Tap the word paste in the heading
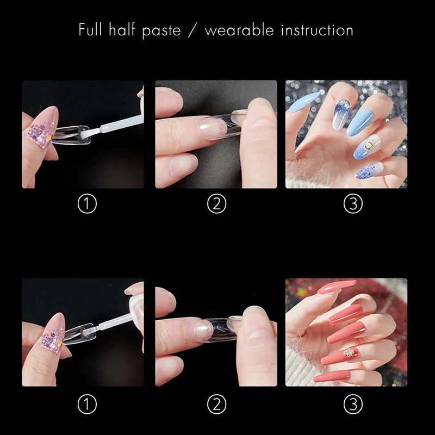(161, 30)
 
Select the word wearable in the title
(240, 29)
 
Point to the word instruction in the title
(317, 29)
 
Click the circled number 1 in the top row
(87, 204)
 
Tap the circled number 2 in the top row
(216, 204)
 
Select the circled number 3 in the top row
(353, 204)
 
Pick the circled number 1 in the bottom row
(87, 403)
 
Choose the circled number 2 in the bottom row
(216, 403)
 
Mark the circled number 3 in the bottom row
(353, 403)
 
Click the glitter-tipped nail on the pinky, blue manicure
(369, 171)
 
